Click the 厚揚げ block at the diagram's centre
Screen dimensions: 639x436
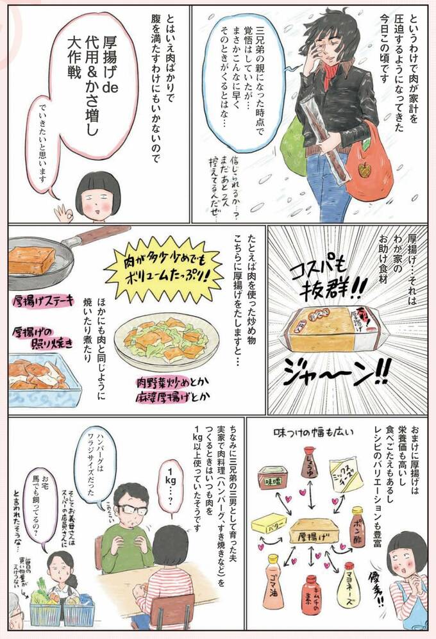[x=311, y=531]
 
